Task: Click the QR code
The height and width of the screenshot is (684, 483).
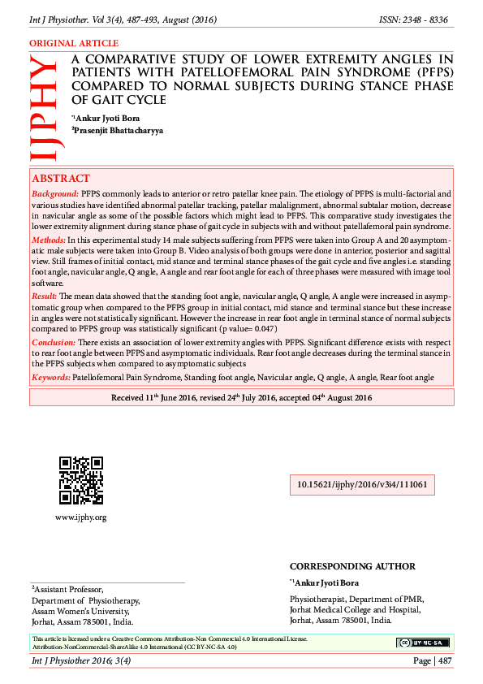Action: [80, 481]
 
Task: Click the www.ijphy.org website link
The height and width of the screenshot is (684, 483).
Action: [80, 517]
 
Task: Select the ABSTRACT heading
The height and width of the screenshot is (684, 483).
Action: [61, 179]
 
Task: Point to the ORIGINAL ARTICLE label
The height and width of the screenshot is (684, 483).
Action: [74, 43]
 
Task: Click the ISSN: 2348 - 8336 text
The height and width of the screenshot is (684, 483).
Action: [414, 19]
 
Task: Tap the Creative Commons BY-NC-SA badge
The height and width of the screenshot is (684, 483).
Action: [422, 643]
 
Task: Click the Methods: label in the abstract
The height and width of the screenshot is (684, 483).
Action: [50, 242]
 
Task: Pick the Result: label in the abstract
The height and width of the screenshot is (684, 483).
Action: [46, 300]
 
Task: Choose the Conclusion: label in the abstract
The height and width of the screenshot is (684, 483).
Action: [53, 344]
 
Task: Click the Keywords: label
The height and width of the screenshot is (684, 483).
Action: [51, 378]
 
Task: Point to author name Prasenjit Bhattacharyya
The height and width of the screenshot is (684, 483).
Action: [119, 130]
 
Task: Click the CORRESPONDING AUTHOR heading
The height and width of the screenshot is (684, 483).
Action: [352, 566]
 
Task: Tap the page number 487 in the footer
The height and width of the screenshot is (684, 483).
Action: [444, 661]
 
